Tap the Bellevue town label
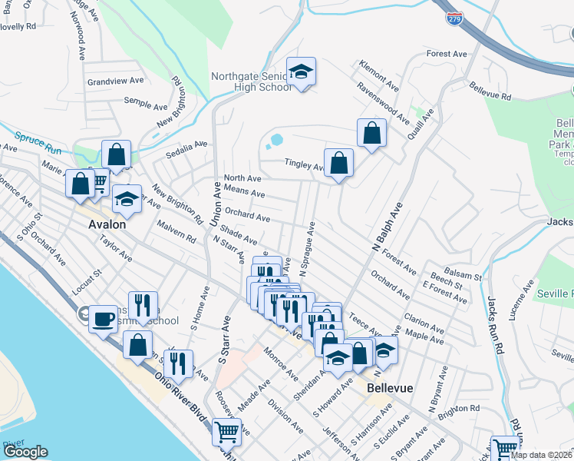tap(391, 388)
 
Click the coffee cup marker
tap(103, 317)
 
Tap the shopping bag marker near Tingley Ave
tap(338, 163)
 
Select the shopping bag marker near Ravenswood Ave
tap(371, 133)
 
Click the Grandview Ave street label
tap(116, 80)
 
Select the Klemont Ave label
tap(381, 76)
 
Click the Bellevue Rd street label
tap(490, 91)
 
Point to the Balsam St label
tap(466, 276)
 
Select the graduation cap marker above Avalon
tap(127, 200)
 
